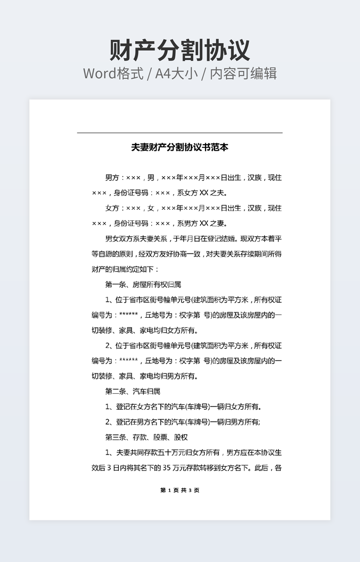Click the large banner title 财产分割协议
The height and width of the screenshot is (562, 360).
tap(179, 50)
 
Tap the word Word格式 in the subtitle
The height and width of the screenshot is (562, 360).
tap(113, 73)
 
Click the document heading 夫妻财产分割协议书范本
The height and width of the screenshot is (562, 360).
tap(179, 147)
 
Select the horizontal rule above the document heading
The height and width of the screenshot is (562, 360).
tap(179, 133)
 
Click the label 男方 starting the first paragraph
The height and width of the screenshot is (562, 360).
tap(112, 177)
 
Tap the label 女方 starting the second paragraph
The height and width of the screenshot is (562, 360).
tap(112, 208)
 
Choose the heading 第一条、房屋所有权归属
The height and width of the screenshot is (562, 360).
tap(143, 285)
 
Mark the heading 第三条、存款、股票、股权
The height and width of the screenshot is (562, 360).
tap(146, 437)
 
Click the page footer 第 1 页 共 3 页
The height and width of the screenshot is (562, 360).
tap(179, 490)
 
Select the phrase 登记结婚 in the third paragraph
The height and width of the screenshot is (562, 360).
tap(221, 239)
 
